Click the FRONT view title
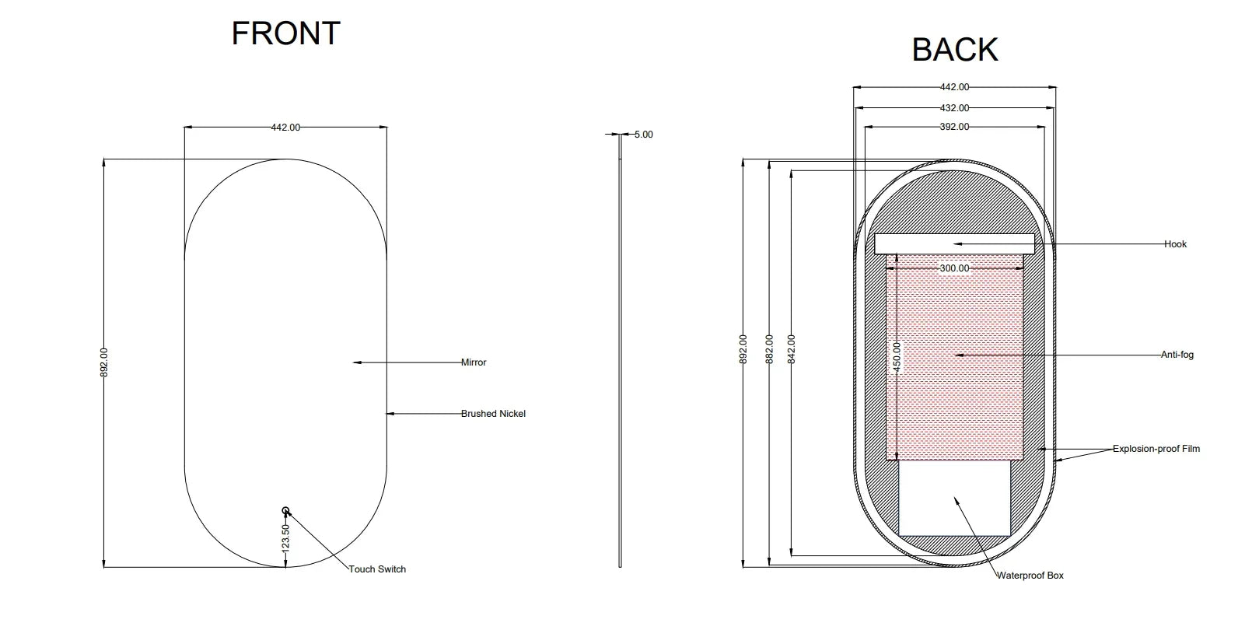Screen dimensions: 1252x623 tap(285, 33)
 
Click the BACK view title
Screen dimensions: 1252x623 tap(955, 50)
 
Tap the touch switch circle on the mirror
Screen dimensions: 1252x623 tap(285, 510)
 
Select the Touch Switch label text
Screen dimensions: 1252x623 tap(377, 569)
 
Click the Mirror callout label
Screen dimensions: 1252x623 tap(474, 362)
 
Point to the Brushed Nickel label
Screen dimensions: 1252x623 tap(493, 414)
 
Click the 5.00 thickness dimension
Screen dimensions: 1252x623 tap(643, 135)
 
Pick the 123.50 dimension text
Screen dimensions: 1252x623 tap(285, 539)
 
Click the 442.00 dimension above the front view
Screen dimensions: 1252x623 tap(285, 128)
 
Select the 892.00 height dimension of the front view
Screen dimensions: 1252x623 tap(104, 362)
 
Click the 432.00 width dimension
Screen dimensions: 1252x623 tap(955, 108)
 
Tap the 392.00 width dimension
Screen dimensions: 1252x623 tap(955, 127)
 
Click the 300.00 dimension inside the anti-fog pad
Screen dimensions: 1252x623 tap(955, 268)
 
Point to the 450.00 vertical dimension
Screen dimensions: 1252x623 tap(897, 357)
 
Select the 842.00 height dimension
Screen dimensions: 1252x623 tap(792, 349)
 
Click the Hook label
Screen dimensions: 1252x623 tap(1176, 244)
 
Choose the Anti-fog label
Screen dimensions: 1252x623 tap(1177, 355)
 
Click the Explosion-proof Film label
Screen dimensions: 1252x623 tap(1156, 449)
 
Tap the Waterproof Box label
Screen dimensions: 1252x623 tap(1030, 576)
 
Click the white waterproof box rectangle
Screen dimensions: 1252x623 tap(955, 498)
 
